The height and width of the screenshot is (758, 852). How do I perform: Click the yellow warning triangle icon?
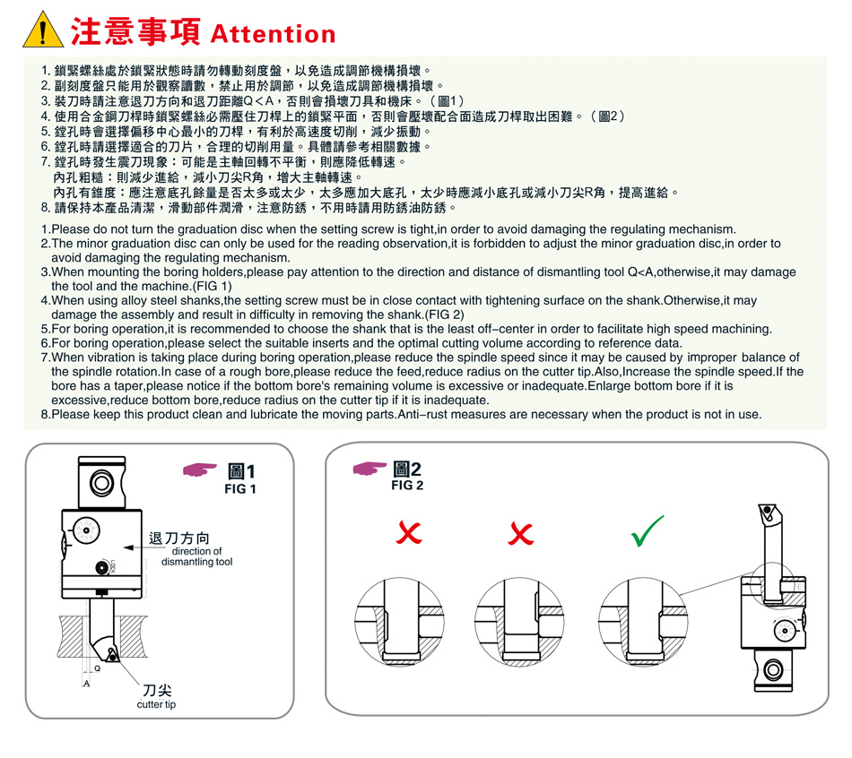43,30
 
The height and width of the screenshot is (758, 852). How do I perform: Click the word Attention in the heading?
273,34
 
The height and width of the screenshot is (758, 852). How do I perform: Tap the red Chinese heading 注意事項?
135,31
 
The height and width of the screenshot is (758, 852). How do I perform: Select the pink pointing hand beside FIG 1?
199,469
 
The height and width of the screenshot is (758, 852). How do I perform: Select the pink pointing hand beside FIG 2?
369,468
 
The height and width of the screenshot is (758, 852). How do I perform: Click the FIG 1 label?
240,488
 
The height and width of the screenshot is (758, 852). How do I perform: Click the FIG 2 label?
407,485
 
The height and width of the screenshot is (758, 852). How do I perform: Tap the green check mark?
647,530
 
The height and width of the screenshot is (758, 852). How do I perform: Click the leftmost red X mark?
409,532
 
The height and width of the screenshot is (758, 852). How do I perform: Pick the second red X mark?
520,533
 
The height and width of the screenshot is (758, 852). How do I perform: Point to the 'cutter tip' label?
156,704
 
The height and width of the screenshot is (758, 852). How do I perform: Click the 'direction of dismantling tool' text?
196,556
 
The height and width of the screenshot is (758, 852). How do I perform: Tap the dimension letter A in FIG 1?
86,683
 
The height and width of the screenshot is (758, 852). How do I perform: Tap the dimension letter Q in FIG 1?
97,668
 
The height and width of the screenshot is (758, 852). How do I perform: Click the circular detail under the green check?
643,622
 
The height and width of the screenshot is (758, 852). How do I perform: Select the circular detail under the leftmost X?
399,622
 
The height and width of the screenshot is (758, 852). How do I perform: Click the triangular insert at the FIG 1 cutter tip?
112,654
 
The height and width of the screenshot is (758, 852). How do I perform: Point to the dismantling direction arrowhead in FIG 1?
128,547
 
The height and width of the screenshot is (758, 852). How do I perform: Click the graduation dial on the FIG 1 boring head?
86,530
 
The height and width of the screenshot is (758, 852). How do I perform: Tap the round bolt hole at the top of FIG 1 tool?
101,483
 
